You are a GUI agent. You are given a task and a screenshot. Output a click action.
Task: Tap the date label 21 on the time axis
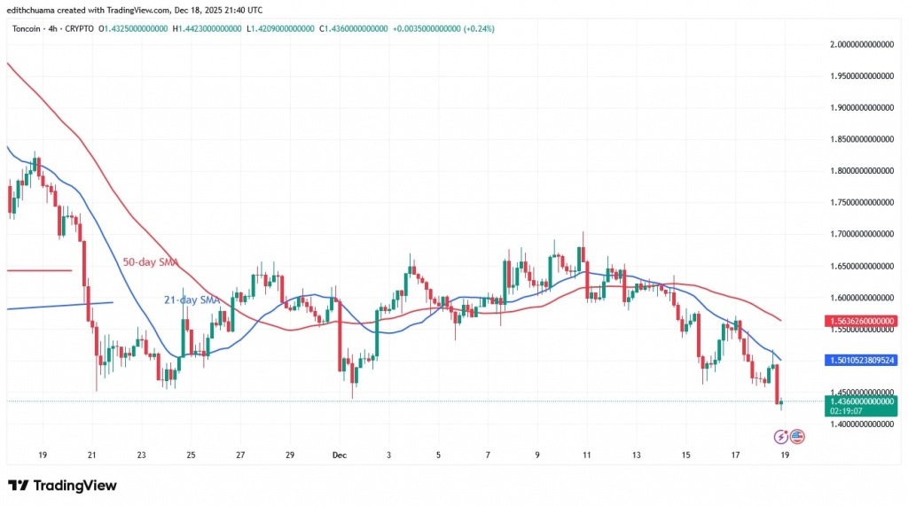(x=91, y=455)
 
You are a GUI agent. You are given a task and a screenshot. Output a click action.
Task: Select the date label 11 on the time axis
(x=586, y=455)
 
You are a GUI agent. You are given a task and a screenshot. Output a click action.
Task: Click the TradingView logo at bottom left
(x=62, y=486)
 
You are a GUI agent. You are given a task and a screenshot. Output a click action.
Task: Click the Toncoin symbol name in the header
(x=27, y=28)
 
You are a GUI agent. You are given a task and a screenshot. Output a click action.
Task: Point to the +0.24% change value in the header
(x=480, y=28)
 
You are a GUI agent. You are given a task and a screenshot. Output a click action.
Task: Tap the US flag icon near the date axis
(x=796, y=436)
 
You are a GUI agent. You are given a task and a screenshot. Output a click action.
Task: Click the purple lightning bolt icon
(x=780, y=436)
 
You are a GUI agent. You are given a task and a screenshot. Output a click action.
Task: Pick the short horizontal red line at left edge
(x=39, y=270)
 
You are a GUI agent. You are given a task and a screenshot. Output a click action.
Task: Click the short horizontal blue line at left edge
(x=59, y=306)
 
